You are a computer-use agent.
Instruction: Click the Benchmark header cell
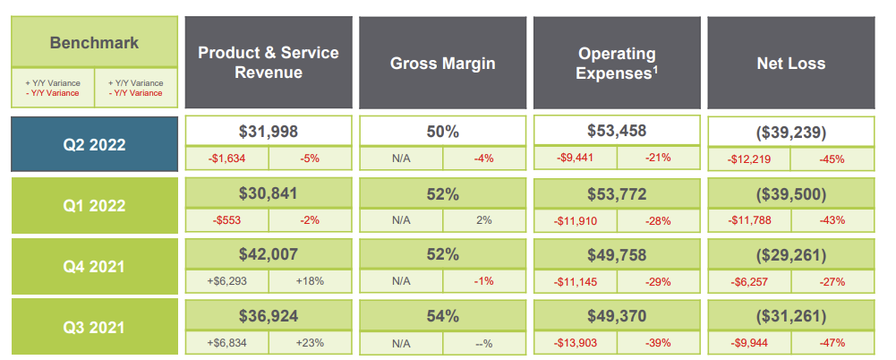coord(94,42)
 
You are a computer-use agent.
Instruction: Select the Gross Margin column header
coord(442,63)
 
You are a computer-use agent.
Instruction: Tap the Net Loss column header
coord(790,63)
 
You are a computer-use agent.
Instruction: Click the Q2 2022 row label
coord(94,143)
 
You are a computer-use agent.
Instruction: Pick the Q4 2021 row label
coord(94,266)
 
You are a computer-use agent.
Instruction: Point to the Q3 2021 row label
coord(94,327)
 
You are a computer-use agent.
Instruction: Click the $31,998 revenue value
coord(269,131)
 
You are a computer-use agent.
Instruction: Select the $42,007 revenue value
coord(269,253)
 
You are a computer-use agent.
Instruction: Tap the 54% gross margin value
coord(442,315)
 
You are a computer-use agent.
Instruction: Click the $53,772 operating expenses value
coord(617,193)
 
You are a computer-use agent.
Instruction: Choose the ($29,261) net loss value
coord(790,255)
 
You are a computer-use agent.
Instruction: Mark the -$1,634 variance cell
coord(226,158)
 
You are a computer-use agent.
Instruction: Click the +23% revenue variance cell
coord(310,341)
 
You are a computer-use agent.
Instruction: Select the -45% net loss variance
coord(832,159)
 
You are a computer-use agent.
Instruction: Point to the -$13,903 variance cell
coord(575,342)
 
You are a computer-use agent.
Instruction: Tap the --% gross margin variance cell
coord(484,342)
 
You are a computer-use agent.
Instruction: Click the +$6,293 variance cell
coord(226,280)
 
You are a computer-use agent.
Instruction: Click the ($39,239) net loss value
coord(790,133)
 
